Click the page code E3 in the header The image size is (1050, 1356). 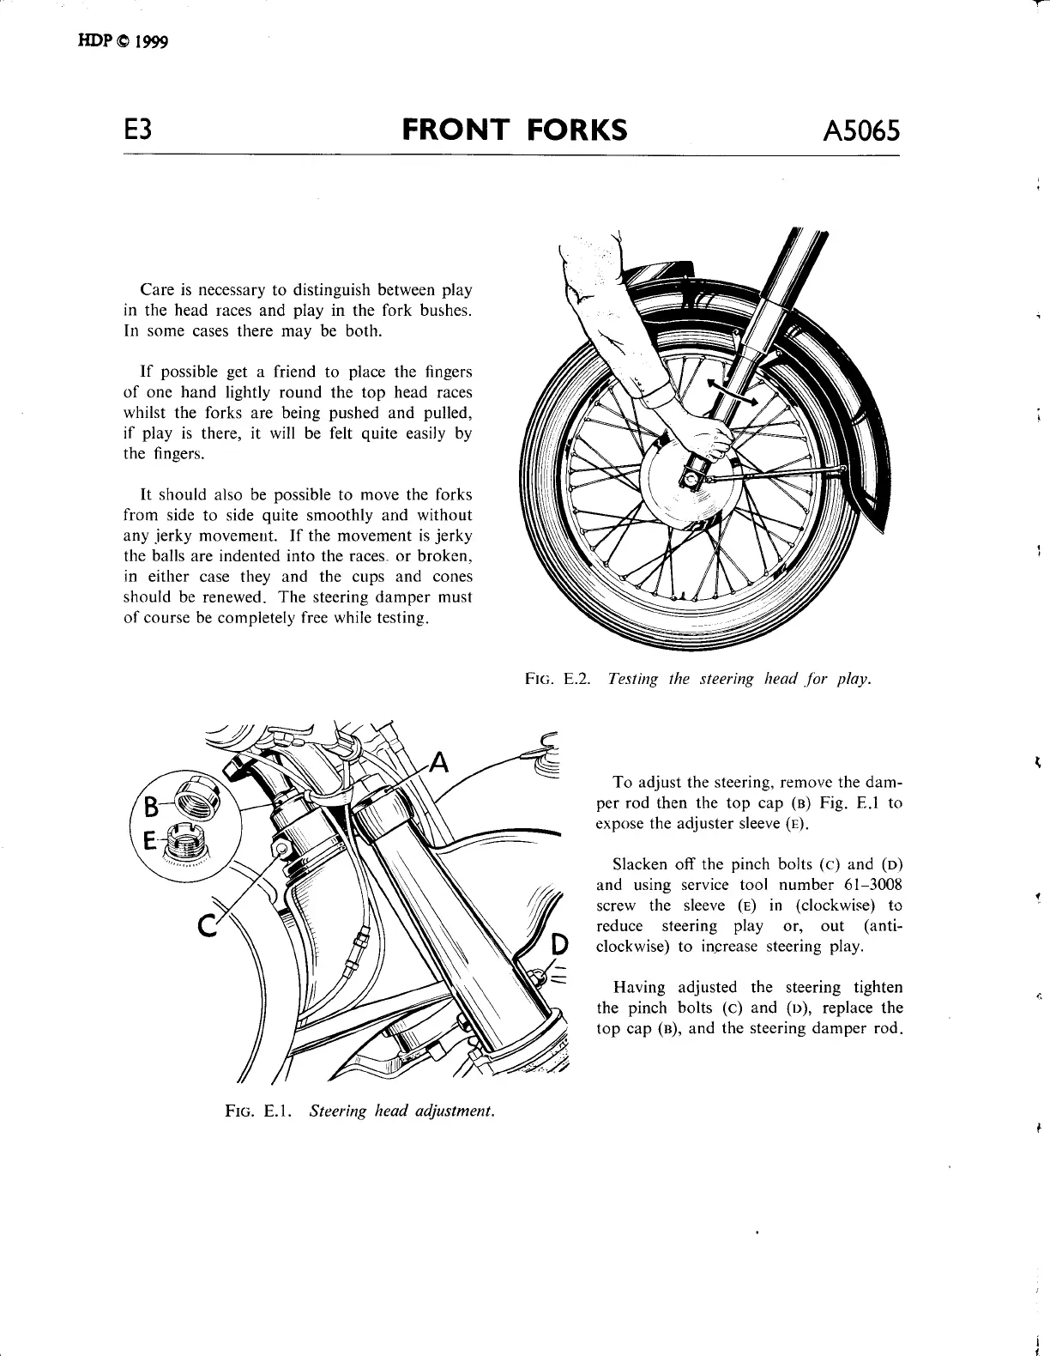coord(138,130)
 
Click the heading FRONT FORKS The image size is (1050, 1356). coord(515,130)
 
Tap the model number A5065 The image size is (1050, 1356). coord(860,130)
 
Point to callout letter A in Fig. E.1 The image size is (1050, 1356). coord(439,761)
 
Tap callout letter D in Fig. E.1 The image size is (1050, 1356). coord(559,944)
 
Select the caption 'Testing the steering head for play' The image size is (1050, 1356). coord(739,679)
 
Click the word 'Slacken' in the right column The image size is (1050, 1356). coord(642,864)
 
